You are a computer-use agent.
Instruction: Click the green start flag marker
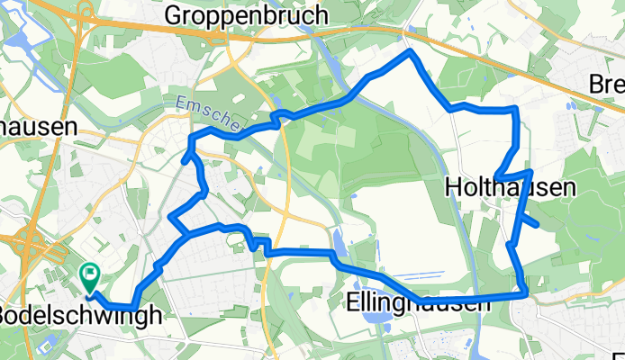coord(91,274)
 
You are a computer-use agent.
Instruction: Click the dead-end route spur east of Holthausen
coord(536,223)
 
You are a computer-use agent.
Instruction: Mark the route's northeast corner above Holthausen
coord(515,109)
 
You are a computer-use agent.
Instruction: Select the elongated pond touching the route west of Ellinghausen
coord(338,240)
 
